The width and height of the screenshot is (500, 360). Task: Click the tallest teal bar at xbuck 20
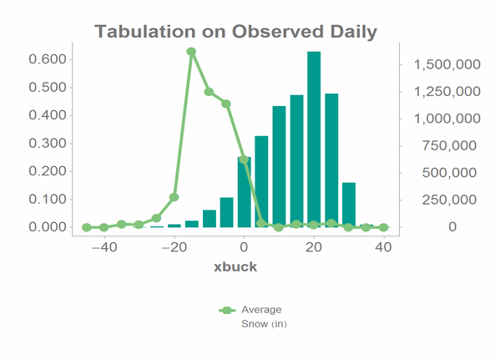314,139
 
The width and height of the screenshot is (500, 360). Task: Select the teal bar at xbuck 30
349,205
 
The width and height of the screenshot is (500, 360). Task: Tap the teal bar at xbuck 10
279,166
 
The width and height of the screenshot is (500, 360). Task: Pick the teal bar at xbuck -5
227,212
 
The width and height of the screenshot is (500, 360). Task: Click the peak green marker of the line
191,52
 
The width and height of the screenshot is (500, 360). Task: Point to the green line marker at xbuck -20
174,197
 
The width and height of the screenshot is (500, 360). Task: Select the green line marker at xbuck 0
244,160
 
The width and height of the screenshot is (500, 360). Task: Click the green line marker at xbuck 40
384,227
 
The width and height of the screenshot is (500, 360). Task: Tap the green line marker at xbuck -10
209,92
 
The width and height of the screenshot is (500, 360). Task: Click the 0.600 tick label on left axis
48,59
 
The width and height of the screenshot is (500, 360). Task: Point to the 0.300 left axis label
48,144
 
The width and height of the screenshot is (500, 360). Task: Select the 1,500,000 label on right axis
447,65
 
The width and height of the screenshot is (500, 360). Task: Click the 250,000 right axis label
449,200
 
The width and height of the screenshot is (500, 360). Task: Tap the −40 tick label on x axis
104,247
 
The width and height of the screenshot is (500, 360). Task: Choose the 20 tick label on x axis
314,247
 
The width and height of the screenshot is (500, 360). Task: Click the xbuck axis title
235,266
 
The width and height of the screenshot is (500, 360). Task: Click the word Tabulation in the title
145,32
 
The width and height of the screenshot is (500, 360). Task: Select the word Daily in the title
354,33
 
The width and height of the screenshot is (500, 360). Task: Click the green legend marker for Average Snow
227,310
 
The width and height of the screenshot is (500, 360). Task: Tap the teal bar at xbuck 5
261,181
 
